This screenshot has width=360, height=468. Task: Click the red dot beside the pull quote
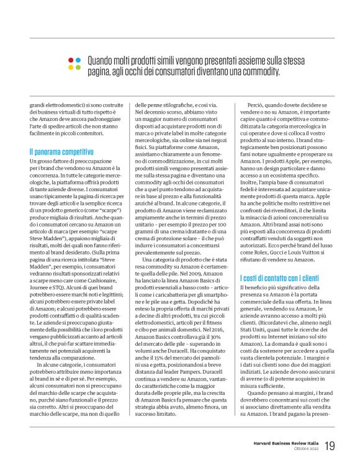[x=70, y=60]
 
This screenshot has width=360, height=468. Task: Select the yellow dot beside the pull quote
[x=70, y=67]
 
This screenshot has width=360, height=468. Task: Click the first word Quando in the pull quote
[x=101, y=60]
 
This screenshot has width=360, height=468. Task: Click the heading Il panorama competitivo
[x=61, y=151]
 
